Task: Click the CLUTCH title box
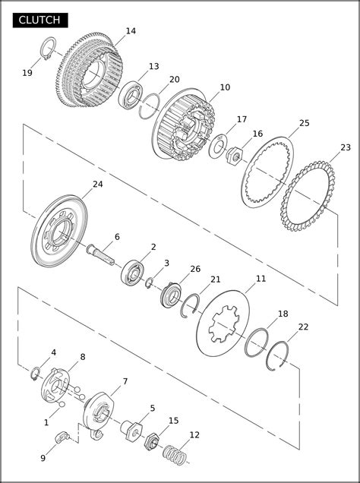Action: [x=40, y=21]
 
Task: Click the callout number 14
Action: [x=131, y=31]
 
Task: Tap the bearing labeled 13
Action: [x=131, y=94]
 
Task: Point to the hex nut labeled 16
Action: [x=235, y=156]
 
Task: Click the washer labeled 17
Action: [x=218, y=147]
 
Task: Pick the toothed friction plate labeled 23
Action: [x=308, y=196]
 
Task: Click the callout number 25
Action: [x=305, y=123]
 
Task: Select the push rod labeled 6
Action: [x=101, y=254]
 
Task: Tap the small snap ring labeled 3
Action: [x=150, y=283]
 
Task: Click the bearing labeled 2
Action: [x=133, y=273]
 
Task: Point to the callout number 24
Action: [x=98, y=184]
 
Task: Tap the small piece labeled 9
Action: [x=62, y=437]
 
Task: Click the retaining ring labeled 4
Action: [x=36, y=374]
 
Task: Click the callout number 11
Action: [x=261, y=279]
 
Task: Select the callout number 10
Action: [x=225, y=87]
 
